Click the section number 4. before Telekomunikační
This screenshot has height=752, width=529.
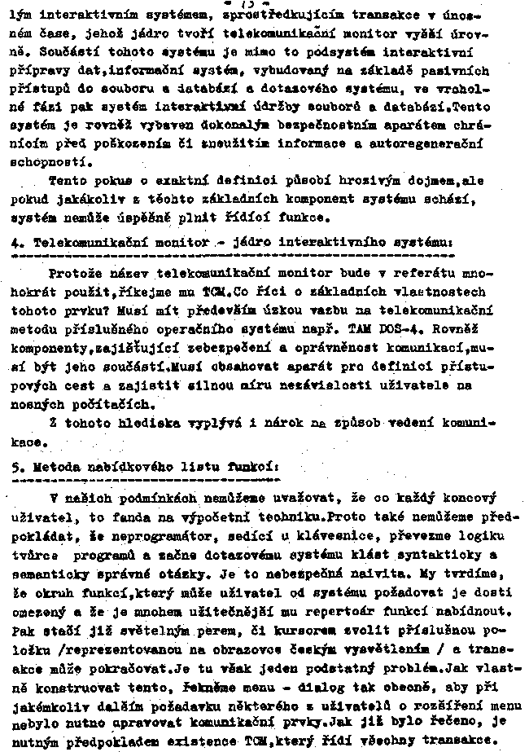pos(19,243)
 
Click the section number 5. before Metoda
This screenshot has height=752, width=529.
pos(19,469)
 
